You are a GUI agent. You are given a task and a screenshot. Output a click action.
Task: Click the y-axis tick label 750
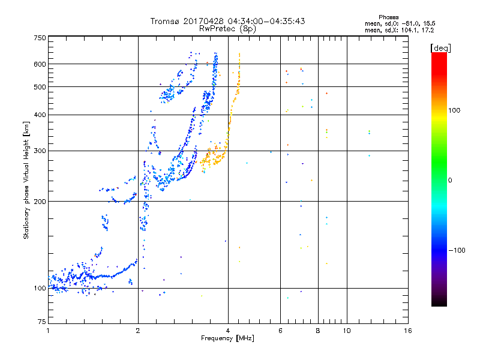(x=40, y=37)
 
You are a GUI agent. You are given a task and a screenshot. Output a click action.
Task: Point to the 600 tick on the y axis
(x=40, y=64)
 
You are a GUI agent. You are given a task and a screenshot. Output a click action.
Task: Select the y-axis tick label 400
(x=40, y=115)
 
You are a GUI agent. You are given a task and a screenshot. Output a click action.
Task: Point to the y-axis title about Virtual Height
(x=26, y=180)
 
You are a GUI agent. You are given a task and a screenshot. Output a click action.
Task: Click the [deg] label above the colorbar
(x=441, y=47)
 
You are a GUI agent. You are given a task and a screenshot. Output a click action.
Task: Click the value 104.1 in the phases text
(x=418, y=29)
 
